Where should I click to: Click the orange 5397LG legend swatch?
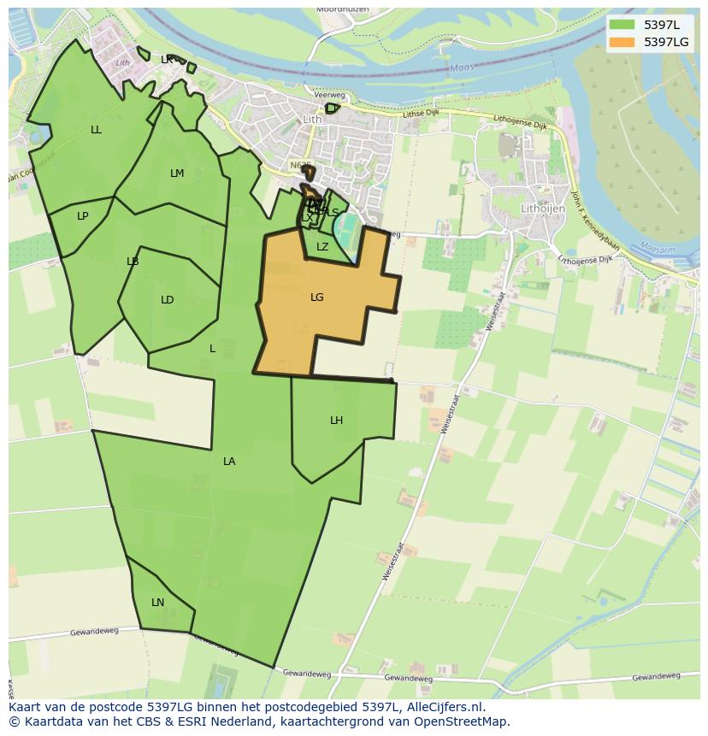pos(622,42)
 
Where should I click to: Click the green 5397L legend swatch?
pos(622,25)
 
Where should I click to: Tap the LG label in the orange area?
pos(317,297)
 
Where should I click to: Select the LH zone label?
pos(336,421)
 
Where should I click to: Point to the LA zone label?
pos(229,462)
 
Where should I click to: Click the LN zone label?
pos(157,603)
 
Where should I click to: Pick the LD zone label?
pos(167,300)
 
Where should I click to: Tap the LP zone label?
pos(82,216)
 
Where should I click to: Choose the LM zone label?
pos(176,174)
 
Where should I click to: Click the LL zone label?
pos(96,130)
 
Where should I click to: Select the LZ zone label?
pos(322,247)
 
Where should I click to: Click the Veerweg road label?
pos(329,96)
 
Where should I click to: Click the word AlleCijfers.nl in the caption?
pos(443,707)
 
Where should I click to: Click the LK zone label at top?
pos(167,60)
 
